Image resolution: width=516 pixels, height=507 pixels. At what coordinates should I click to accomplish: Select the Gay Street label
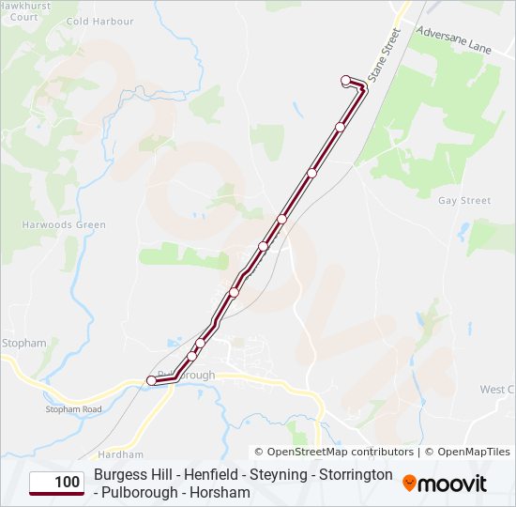[x=464, y=201]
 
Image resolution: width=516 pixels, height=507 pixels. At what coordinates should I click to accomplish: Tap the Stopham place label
[x=24, y=344]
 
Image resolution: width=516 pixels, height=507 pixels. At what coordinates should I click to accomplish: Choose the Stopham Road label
[x=73, y=409]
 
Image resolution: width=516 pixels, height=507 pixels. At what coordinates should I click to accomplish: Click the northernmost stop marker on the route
[x=346, y=80]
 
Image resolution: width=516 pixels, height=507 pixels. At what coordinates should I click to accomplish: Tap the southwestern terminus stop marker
[x=151, y=380]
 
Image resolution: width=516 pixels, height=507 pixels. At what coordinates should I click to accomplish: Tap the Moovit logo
[x=445, y=484]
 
